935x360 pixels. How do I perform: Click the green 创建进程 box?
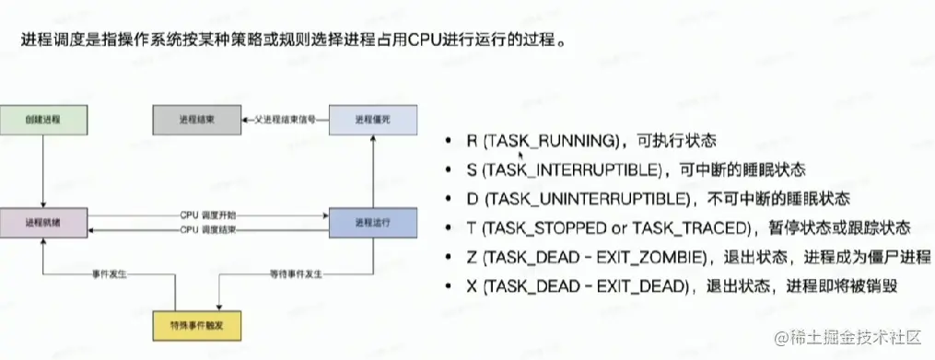[43, 120]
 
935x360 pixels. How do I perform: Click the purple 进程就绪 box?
[43, 222]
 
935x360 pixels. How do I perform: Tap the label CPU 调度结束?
[207, 229]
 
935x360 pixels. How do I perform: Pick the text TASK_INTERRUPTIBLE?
[566, 169]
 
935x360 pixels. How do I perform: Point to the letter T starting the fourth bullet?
[472, 227]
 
